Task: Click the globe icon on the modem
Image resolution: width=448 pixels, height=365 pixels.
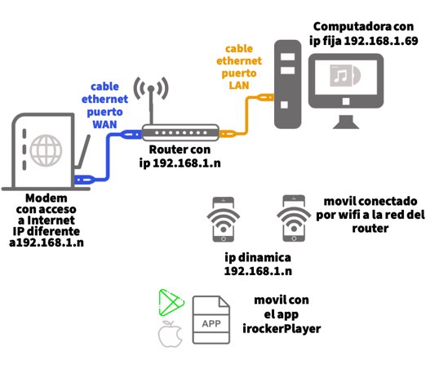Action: tap(46, 151)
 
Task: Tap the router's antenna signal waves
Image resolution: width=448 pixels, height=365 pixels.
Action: tap(151, 88)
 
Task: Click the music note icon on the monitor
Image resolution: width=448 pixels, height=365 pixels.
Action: tap(341, 75)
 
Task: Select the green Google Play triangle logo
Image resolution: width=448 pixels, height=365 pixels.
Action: tap(171, 303)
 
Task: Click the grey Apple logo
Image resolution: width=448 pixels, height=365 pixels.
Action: tap(171, 334)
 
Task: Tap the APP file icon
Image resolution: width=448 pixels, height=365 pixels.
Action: tap(211, 320)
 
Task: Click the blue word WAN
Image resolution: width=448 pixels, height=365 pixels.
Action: tap(104, 125)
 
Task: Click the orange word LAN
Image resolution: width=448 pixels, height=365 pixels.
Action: tap(239, 85)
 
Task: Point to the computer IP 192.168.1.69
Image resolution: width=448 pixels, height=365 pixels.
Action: tap(381, 41)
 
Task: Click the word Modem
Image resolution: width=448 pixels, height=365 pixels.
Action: tap(47, 198)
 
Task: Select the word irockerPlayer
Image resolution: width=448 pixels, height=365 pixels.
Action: tap(282, 329)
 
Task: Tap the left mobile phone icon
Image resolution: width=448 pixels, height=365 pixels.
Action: tap(224, 220)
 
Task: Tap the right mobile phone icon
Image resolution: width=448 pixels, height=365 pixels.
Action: tap(294, 218)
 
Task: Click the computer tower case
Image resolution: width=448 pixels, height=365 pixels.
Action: tap(288, 84)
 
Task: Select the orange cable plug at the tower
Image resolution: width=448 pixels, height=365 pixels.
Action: tap(265, 98)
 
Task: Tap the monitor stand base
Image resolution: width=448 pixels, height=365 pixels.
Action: tap(346, 122)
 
